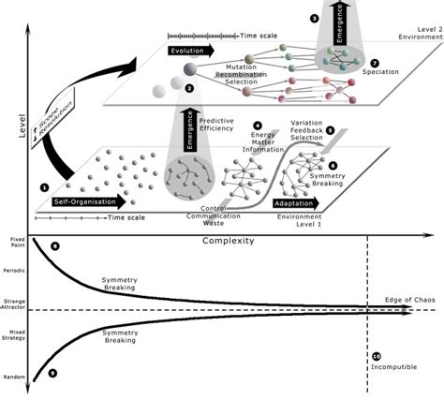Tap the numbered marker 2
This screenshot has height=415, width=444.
pyautogui.click(x=189, y=89)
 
